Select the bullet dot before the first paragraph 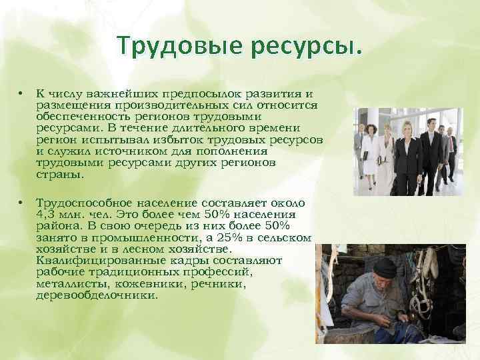[x=22, y=94]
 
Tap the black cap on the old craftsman [x=385, y=267]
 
